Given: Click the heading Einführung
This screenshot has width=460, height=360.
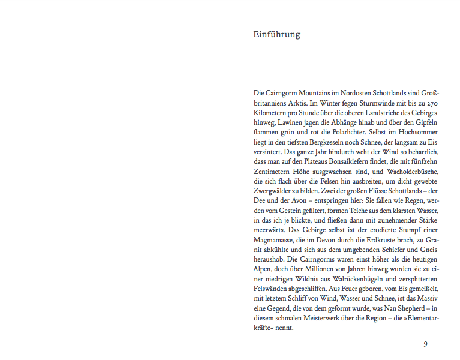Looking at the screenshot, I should pos(276,35).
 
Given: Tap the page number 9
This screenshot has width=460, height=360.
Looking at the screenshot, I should pos(425,344).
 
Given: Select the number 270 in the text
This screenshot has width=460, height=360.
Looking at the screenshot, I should pos(434,103).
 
